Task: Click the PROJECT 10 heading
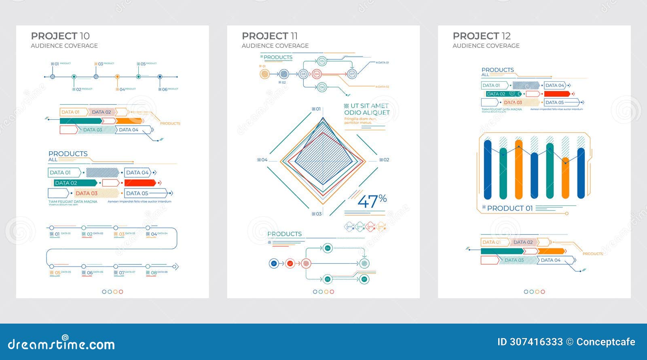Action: coord(60,36)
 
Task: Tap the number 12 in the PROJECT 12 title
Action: coord(505,36)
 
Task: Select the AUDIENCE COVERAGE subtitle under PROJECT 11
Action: coord(275,46)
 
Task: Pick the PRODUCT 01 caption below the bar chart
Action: coord(510,208)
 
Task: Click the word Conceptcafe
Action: coord(606,342)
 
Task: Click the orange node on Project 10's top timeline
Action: coord(117,76)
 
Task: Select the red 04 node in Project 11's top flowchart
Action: coord(317,74)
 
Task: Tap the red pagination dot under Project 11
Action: coord(332,292)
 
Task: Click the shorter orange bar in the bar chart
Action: coord(565,178)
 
